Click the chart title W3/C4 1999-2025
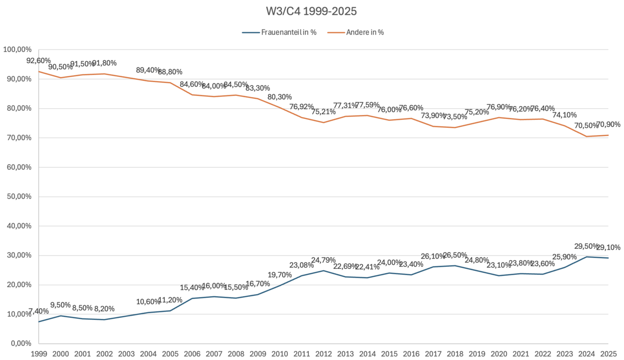click(312, 11)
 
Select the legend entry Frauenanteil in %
click(279, 32)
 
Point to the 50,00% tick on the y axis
click(18, 197)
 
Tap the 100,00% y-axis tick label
click(18, 49)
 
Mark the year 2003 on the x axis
click(126, 353)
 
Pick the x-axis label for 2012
click(324, 353)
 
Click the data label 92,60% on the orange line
click(38, 61)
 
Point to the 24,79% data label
click(324, 260)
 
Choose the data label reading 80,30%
click(280, 97)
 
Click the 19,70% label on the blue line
click(280, 275)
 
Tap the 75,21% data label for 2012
click(324, 112)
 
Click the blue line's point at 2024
click(587, 257)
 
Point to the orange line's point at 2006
click(192, 95)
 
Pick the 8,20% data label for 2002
click(104, 309)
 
